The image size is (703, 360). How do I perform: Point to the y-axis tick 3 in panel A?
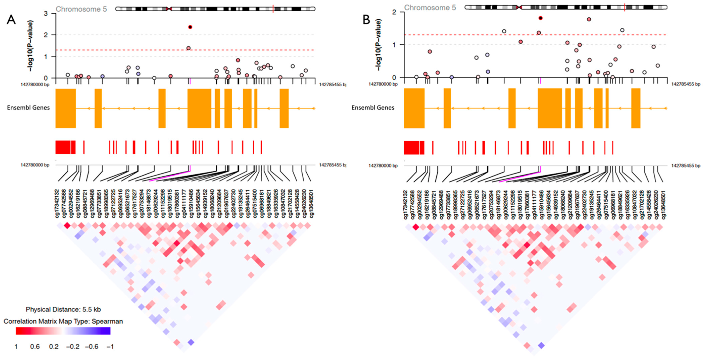click(x=46, y=13)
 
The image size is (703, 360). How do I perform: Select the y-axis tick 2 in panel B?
click(x=394, y=12)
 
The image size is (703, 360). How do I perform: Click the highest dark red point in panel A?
click(x=190, y=27)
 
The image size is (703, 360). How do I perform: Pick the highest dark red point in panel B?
click(x=540, y=18)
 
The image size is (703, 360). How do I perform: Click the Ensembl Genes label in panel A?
click(x=28, y=108)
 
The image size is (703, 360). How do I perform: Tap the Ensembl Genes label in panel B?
click(x=373, y=108)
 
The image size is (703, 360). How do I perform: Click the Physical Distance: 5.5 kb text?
click(x=63, y=310)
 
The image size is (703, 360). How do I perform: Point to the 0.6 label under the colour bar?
click(x=35, y=347)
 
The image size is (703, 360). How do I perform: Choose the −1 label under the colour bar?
click(x=110, y=347)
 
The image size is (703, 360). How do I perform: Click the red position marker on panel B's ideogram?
click(x=625, y=7)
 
